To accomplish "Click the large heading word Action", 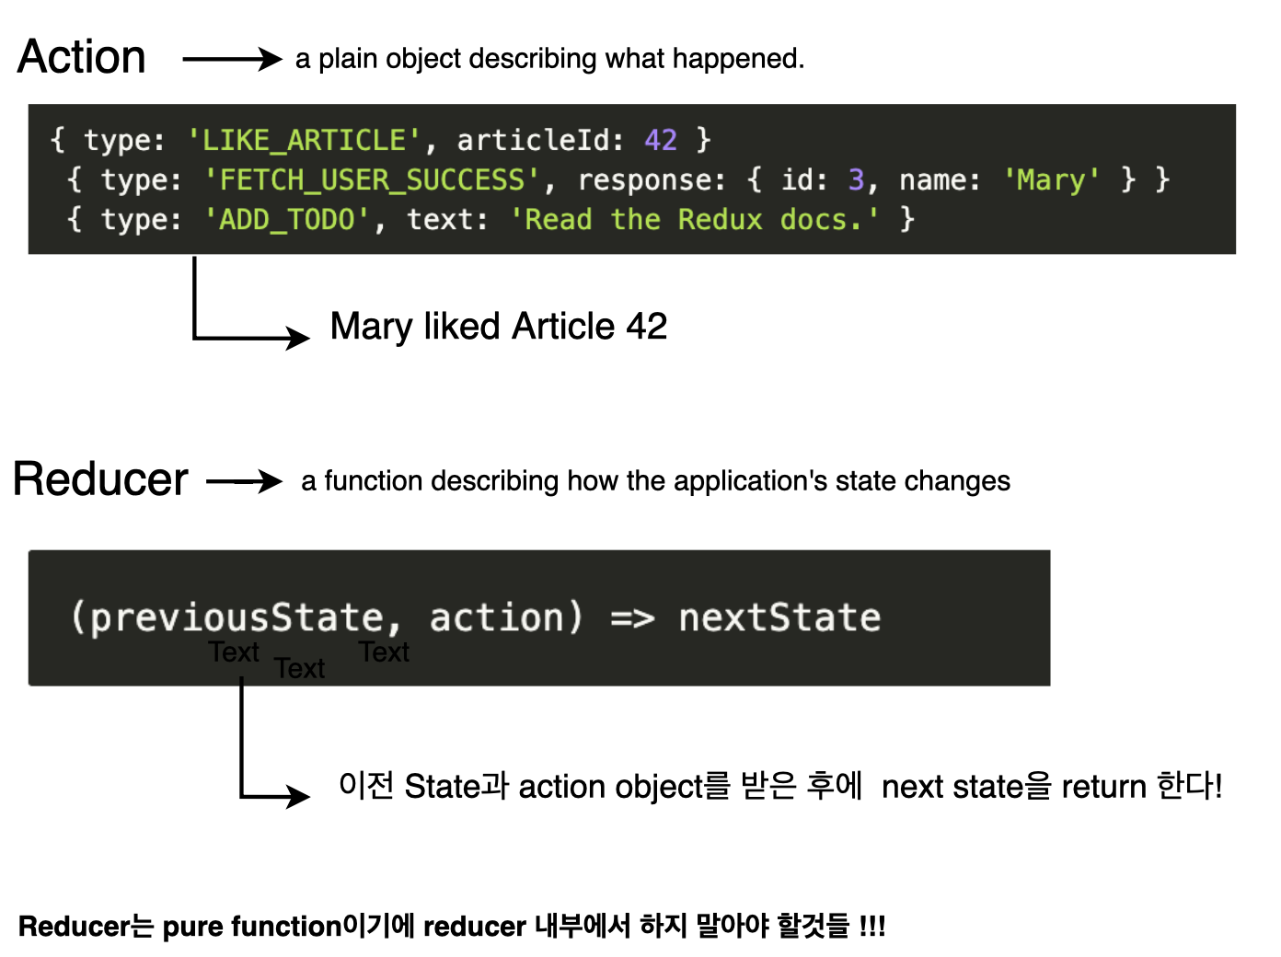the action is coord(82,57).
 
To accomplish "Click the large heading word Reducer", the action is coord(100,479).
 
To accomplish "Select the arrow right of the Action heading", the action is coord(232,59).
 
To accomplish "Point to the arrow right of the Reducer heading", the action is coord(244,481).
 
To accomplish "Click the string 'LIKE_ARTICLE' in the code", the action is coord(304,140).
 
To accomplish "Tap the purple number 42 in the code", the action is coord(661,140).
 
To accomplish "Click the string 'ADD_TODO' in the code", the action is coord(287,219).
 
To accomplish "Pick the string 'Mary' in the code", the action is coord(1052,179).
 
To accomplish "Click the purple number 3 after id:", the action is coord(856,179).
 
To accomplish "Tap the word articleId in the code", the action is coord(534,140).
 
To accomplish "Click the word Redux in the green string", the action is coord(720,219).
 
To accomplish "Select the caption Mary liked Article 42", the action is coord(499,327).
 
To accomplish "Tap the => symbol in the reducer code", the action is coord(632,617).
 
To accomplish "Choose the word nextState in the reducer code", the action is coord(779,617).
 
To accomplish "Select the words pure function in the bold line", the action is coord(252,926).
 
